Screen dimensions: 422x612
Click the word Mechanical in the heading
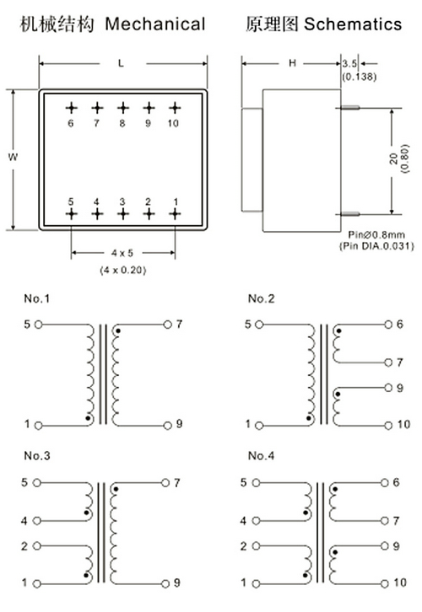tap(155, 24)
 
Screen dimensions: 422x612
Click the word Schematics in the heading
tap(353, 24)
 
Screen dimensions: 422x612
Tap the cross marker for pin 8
tap(123, 108)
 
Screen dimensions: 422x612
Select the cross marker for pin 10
tap(175, 108)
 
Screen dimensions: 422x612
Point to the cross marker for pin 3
tap(123, 214)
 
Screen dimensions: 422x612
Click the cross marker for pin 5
tap(71, 214)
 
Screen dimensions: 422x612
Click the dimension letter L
tap(122, 63)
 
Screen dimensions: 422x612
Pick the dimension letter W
tap(13, 158)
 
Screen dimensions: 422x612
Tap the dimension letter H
tap(292, 63)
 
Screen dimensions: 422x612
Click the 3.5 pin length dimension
tap(349, 63)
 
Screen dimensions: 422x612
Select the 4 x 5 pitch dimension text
tap(122, 253)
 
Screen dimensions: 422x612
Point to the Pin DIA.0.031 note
tap(376, 246)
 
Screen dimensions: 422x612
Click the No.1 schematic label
tap(37, 298)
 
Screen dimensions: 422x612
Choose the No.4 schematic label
tap(261, 455)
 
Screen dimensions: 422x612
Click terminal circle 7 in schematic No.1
tap(168, 325)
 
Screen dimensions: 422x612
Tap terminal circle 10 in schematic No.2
tap(388, 426)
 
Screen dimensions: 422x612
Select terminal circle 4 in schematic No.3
tap(37, 521)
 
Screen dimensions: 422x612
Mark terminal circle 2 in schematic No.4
tap(256, 546)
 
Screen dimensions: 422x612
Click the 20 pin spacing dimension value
tap(394, 158)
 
